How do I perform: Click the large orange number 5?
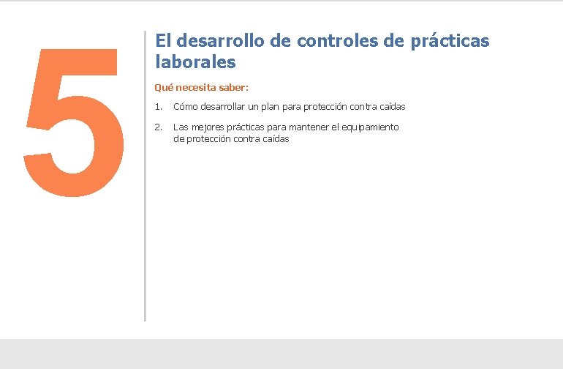click(73, 123)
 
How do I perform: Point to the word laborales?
click(195, 62)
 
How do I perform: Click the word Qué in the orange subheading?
click(164, 87)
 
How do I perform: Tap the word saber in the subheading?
click(233, 87)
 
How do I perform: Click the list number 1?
click(158, 107)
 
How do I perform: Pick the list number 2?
click(158, 127)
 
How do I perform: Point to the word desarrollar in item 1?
click(224, 107)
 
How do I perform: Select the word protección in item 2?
click(208, 138)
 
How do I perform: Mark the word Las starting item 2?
click(181, 127)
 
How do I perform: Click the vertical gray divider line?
click(145, 176)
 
